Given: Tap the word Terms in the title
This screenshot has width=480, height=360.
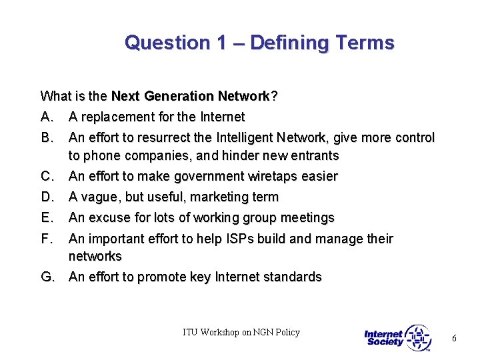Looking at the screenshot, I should click(x=365, y=43).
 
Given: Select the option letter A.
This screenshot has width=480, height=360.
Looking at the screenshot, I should click(x=47, y=117).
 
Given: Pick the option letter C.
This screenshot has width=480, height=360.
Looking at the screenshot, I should click(x=47, y=177).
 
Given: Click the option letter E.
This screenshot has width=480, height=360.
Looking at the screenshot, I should click(x=47, y=218).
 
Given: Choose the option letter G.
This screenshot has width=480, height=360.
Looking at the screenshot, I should click(x=47, y=277).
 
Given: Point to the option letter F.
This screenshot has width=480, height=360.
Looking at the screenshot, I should click(x=46, y=239).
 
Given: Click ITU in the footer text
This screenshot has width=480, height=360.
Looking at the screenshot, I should click(x=192, y=333).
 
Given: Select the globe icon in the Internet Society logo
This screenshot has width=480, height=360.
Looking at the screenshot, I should click(x=418, y=337).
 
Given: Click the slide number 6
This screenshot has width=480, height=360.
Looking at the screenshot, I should click(x=454, y=339).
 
